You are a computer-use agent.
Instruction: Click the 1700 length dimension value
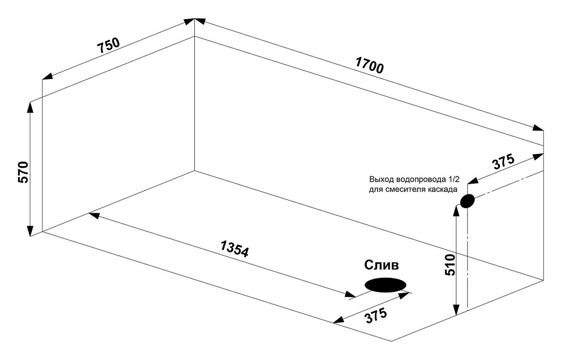pyautogui.click(x=369, y=66)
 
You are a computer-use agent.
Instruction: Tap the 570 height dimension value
pyautogui.click(x=24, y=172)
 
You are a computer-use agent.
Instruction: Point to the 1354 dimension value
pyautogui.click(x=235, y=249)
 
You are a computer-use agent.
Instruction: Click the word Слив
pyautogui.click(x=382, y=265)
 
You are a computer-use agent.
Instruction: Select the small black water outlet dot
pyautogui.click(x=467, y=201)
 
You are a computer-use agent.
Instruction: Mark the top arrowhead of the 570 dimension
pyautogui.click(x=30, y=107)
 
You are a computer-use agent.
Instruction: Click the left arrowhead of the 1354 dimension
pyautogui.click(x=94, y=215)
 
